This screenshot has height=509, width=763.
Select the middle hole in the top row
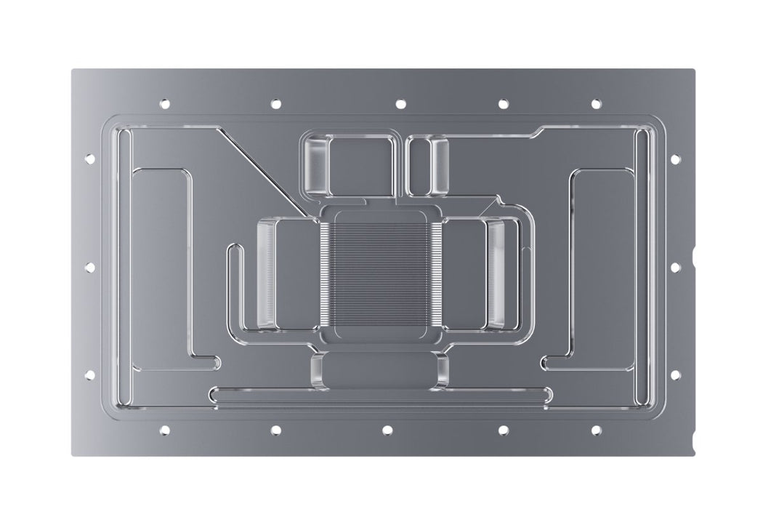[400, 104]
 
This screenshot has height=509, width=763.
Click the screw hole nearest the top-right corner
[596, 104]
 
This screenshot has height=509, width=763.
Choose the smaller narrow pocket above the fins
[429, 165]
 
